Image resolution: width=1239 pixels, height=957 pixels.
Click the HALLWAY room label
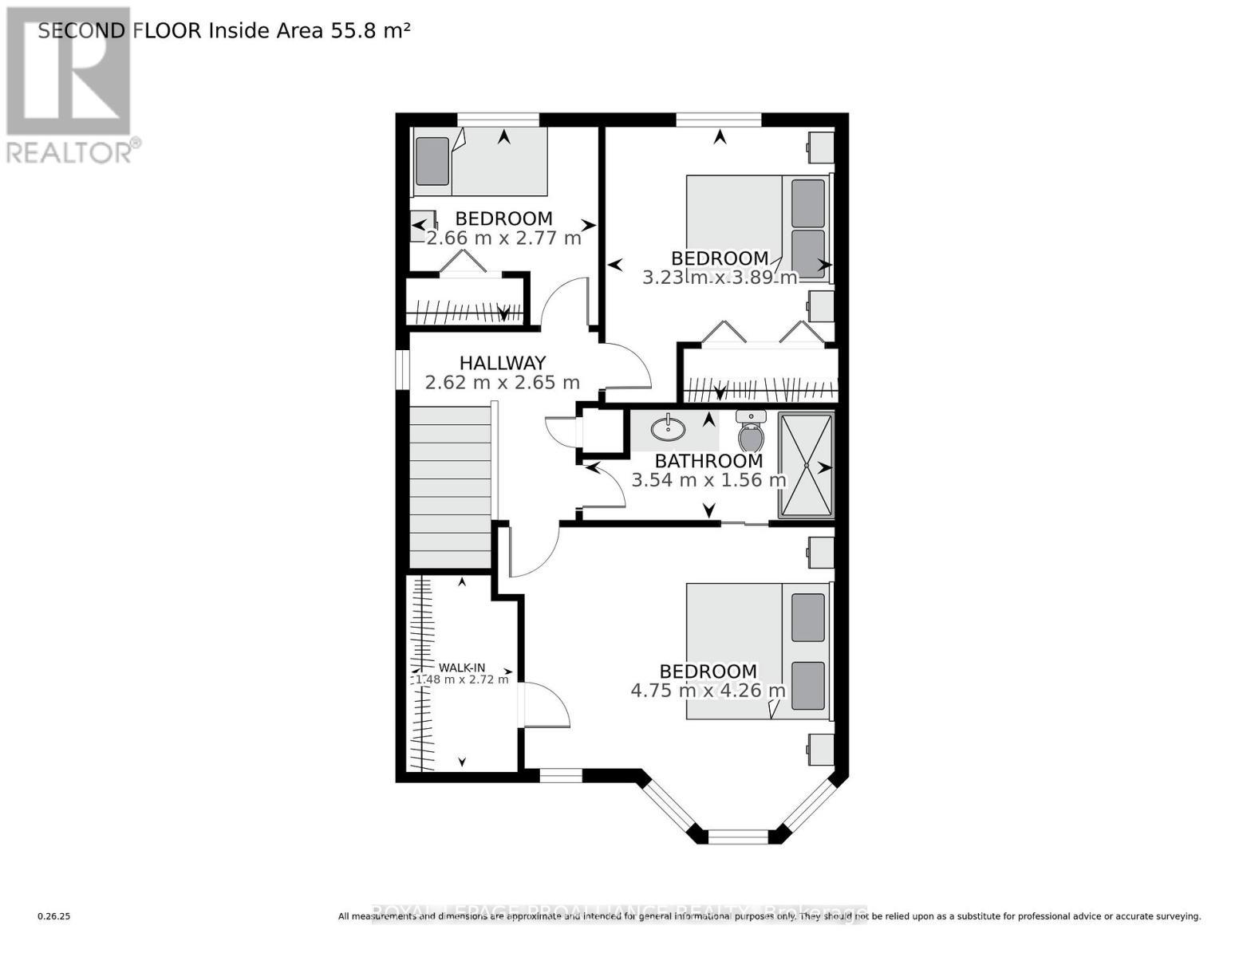click(x=502, y=363)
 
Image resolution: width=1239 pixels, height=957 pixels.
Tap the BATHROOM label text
click(x=708, y=461)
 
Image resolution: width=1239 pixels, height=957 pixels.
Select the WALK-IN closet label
click(x=462, y=668)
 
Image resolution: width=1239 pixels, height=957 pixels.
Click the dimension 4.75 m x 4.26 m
click(x=708, y=691)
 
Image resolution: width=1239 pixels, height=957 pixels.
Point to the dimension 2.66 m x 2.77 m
click(x=503, y=238)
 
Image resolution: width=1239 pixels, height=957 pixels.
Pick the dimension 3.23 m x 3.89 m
click(x=720, y=278)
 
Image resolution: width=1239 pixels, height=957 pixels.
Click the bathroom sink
click(x=668, y=429)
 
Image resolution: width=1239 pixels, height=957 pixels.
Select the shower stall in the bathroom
click(x=806, y=464)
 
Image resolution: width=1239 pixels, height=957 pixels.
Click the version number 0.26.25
click(x=54, y=916)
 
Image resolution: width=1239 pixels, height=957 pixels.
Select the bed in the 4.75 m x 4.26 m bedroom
click(x=759, y=651)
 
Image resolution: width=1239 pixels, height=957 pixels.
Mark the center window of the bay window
click(x=738, y=837)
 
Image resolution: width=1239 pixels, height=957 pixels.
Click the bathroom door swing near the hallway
click(x=605, y=486)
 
